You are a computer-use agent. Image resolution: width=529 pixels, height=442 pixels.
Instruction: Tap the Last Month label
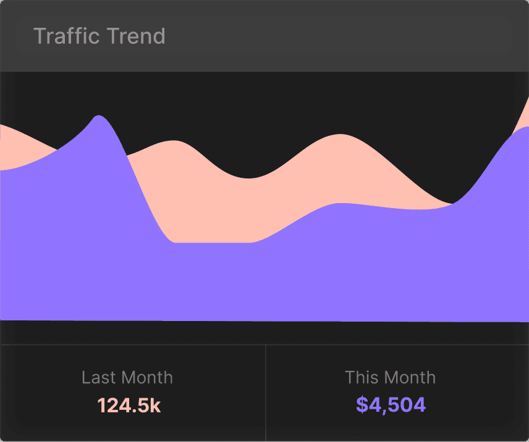(x=127, y=377)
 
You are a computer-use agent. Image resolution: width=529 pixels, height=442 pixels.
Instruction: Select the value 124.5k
(x=129, y=406)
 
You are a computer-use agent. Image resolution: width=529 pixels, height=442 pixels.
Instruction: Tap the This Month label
(x=391, y=377)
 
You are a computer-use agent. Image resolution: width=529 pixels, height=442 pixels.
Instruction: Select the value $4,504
(x=391, y=406)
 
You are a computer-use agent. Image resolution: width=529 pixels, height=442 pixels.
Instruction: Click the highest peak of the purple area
(x=98, y=117)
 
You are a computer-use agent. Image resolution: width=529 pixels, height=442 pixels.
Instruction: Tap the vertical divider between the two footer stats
(x=266, y=393)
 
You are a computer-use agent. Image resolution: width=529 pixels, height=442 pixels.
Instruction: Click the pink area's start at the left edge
(x=2, y=127)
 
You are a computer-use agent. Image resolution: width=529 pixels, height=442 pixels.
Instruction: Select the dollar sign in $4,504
(x=362, y=406)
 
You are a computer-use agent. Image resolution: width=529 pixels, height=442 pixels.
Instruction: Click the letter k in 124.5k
(x=156, y=406)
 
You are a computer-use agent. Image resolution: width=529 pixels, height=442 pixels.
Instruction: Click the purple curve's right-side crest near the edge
(x=524, y=128)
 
